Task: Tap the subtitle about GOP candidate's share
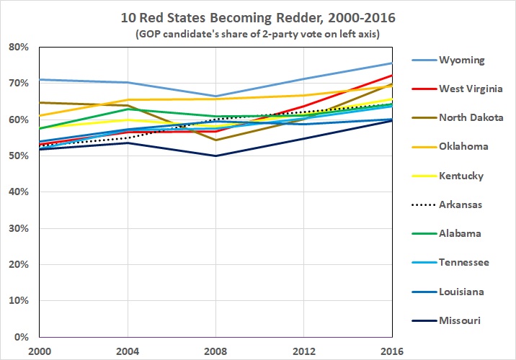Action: (x=257, y=33)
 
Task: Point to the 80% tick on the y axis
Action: (x=19, y=48)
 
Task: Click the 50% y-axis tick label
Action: (x=19, y=156)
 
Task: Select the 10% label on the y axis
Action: (x=19, y=301)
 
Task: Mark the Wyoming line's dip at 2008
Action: (x=216, y=96)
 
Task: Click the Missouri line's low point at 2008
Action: (x=216, y=156)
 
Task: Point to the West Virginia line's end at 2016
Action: (x=392, y=75)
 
